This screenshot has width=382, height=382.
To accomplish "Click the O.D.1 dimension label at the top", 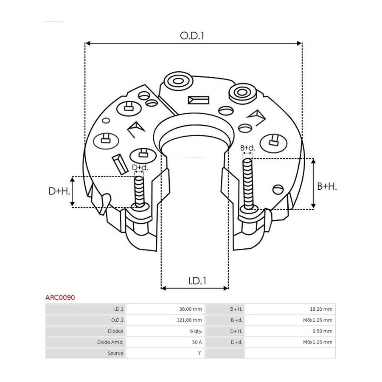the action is click(192, 36).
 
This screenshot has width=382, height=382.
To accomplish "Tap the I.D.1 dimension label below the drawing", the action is click(197, 281).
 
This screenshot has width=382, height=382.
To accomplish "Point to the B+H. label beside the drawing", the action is click(327, 186).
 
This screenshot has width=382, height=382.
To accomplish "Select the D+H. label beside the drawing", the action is click(59, 191).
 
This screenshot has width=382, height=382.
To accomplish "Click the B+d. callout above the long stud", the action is click(247, 148).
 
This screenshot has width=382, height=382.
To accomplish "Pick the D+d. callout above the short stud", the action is click(140, 167).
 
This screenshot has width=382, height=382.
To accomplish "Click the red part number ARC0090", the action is click(60, 298).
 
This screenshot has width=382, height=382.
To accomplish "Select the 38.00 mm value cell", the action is click(191, 309).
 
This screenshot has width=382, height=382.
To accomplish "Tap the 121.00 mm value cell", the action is click(189, 320).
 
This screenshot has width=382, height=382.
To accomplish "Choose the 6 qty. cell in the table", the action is click(196, 331).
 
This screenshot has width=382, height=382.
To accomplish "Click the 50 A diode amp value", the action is click(197, 342).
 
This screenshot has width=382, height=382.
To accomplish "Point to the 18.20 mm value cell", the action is click(321, 309).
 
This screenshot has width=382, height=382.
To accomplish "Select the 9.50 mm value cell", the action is click(322, 331).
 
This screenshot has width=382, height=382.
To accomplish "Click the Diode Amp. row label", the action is click(110, 342).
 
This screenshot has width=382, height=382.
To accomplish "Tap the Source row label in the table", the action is click(115, 353).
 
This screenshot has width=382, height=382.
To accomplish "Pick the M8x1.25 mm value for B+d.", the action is click(317, 320).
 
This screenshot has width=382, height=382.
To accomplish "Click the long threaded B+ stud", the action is click(248, 184).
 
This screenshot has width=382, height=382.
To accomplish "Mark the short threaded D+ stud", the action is click(139, 192).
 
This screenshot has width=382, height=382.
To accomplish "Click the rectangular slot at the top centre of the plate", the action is click(199, 100).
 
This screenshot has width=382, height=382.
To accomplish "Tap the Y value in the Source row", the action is click(199, 353).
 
